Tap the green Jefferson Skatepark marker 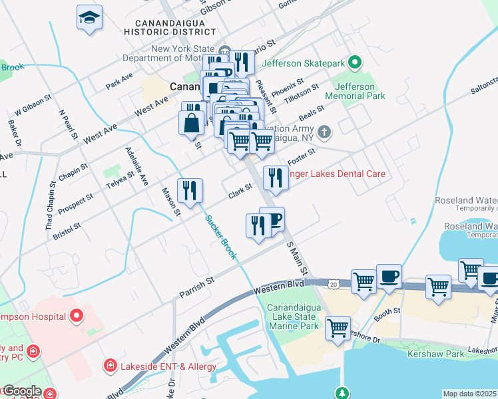pos(355,63)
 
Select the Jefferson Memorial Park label pos(360,91)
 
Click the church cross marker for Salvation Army pos(324,131)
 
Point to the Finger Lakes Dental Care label pos(335,174)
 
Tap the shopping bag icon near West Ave pos(191,122)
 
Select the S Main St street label pos(298,259)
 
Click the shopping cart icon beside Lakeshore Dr pos(338,327)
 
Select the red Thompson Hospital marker pos(77,314)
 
